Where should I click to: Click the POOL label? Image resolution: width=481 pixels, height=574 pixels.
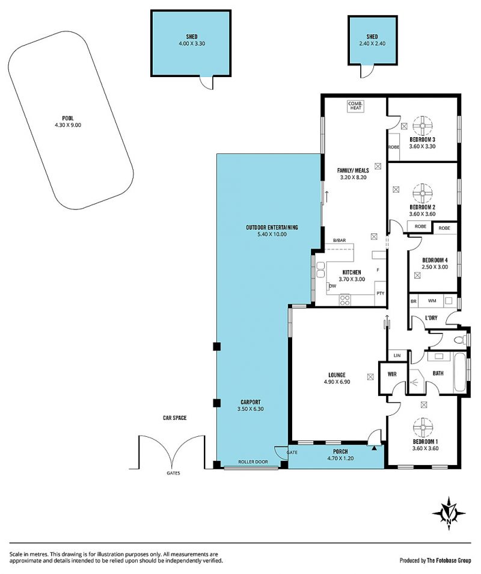pos(68,119)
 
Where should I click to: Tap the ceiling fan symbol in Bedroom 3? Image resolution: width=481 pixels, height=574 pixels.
pos(423,126)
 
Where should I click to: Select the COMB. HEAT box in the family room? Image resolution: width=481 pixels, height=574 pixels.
pos(355,106)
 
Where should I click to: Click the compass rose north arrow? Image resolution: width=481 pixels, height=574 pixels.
pos(449,513)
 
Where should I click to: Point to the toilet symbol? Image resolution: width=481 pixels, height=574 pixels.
pos(459,340)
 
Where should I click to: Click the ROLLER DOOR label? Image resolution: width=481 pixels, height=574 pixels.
pos(253,462)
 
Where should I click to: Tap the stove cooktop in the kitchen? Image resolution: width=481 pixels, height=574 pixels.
pos(345,300)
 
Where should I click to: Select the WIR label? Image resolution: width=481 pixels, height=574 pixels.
pos(392,374)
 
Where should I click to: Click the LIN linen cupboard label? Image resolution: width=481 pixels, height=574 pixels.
pos(397,356)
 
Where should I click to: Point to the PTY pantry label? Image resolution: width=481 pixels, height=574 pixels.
pos(381,293)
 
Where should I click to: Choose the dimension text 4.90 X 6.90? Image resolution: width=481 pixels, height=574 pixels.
pos(337,382)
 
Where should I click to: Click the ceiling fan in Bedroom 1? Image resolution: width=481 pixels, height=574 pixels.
pos(423,428)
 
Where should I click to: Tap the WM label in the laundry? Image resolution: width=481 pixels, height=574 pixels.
pos(432,301)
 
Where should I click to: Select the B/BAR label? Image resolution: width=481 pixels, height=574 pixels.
pos(339,240)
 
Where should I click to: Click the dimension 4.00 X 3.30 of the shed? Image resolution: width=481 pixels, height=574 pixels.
pos(192,43)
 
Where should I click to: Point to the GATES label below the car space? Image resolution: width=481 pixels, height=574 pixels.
pos(173,473)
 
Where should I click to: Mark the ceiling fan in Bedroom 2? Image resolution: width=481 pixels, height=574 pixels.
pos(423,194)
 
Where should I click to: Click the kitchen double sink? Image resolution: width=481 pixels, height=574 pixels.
pos(320,270)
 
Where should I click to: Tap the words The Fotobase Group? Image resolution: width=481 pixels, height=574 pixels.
pos(449,560)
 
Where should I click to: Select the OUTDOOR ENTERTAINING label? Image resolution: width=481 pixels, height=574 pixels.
pos(272,227)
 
